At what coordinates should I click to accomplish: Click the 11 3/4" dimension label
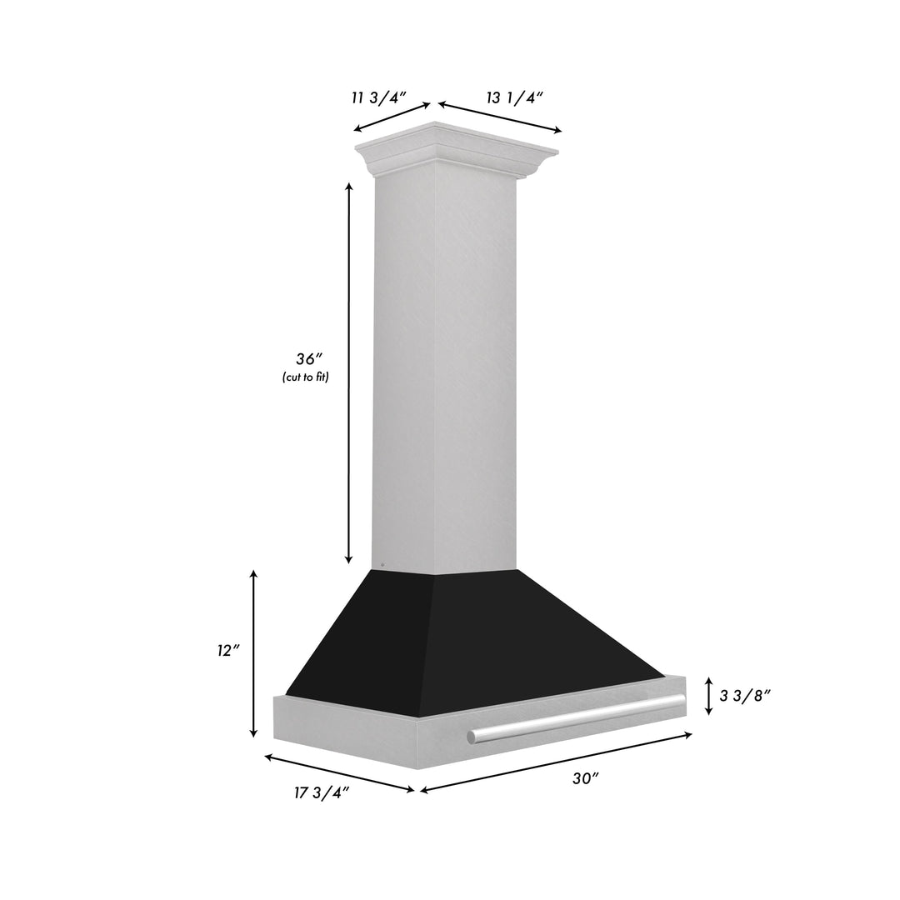point(377,97)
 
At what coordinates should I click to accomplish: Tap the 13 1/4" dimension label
point(515,97)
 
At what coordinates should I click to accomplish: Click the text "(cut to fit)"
point(306,378)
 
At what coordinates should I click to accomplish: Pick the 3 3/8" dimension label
point(744,696)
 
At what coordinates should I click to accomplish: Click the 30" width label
point(585,778)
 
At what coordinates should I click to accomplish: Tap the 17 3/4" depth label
point(321,792)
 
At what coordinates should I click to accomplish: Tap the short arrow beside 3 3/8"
point(708,695)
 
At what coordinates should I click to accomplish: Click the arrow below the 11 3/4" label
point(392,117)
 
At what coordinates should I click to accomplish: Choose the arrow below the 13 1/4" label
point(500,117)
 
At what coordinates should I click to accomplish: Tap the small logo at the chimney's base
point(382,563)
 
